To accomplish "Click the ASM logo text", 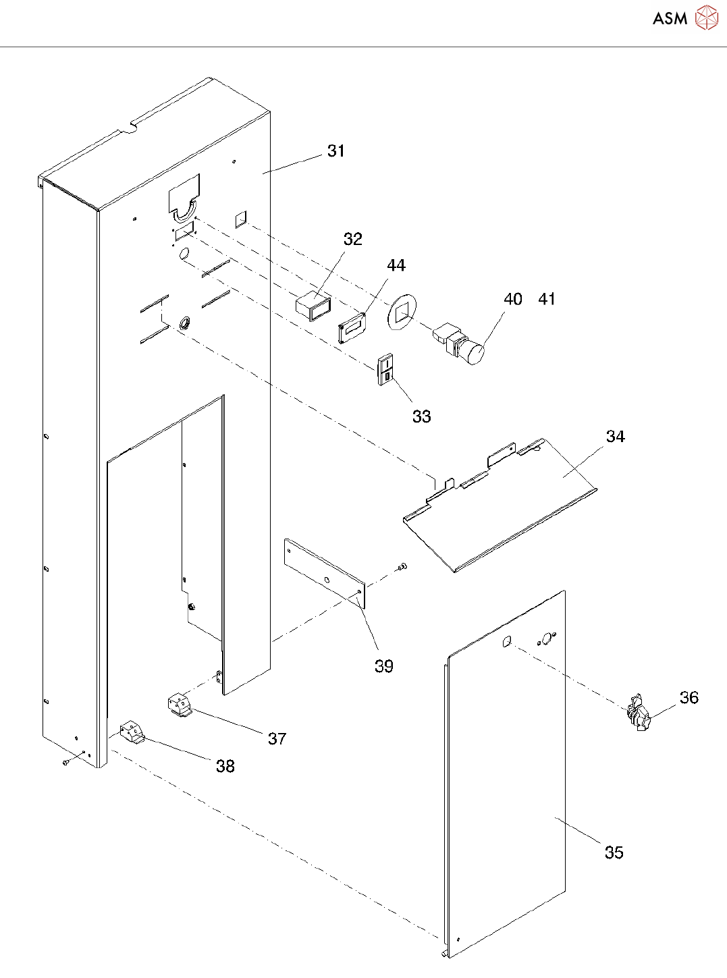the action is click(x=670, y=18).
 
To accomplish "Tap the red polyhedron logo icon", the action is click(x=706, y=18).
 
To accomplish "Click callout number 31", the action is click(x=335, y=151).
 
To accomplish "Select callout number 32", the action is click(x=352, y=239).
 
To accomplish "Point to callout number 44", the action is click(x=396, y=265).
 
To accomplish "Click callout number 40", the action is click(x=512, y=299).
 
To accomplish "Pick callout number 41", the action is click(x=547, y=299).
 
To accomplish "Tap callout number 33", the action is click(x=421, y=416).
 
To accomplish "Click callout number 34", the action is click(x=615, y=437).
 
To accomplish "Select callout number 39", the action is click(x=384, y=666).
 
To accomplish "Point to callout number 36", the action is click(x=689, y=698).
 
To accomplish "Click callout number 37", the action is click(x=277, y=738).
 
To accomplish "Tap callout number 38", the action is click(x=225, y=766).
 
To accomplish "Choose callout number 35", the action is click(x=614, y=852).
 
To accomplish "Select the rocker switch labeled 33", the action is click(x=385, y=369).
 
